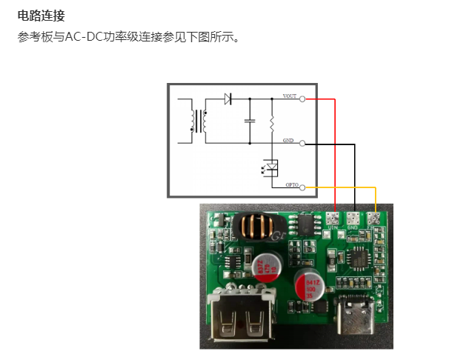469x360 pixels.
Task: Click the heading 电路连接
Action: tap(41, 15)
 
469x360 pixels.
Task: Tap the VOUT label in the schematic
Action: tap(290, 96)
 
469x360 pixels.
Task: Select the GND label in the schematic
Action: tap(288, 140)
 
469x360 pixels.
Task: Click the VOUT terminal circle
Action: tap(302, 99)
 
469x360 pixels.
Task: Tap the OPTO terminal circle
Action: tap(302, 188)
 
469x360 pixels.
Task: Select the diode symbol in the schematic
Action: tap(229, 99)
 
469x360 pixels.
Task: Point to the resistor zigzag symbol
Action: tap(272, 120)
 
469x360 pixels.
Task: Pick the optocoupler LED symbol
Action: tap(271, 167)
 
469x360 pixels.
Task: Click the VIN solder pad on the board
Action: tap(333, 219)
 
